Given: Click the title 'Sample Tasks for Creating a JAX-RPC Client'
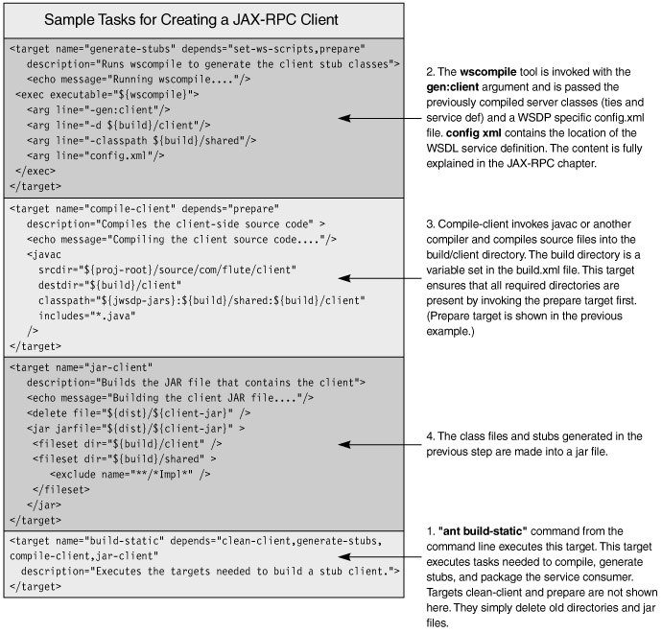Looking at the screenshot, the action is point(191,19).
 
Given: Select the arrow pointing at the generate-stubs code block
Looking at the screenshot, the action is point(380,118).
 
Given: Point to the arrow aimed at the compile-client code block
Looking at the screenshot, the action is point(380,278).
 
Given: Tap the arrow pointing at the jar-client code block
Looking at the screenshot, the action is point(380,444).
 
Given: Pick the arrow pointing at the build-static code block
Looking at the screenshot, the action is point(380,557).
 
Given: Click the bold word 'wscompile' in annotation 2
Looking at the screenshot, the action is point(488,72).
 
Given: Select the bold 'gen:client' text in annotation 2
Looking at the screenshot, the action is point(453,87).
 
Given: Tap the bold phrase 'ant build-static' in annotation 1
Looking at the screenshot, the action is point(483,531).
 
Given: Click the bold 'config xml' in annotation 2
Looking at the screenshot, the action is point(474,133).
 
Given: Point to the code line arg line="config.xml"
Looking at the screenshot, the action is point(96,155).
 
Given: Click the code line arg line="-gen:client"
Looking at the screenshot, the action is point(99,109).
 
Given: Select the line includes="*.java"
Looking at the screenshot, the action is point(87,316).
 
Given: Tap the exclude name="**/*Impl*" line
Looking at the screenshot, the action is point(130,475).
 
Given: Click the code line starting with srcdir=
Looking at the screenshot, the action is point(167,270).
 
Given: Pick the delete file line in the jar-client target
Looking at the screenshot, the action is point(138,413).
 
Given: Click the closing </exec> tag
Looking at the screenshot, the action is point(35,171).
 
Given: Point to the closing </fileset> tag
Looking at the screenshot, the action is point(61,489).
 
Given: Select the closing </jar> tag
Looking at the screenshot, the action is point(44,504).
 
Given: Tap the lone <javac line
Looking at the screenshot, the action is point(44,254).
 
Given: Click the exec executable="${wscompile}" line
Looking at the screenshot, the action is point(107,94).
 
